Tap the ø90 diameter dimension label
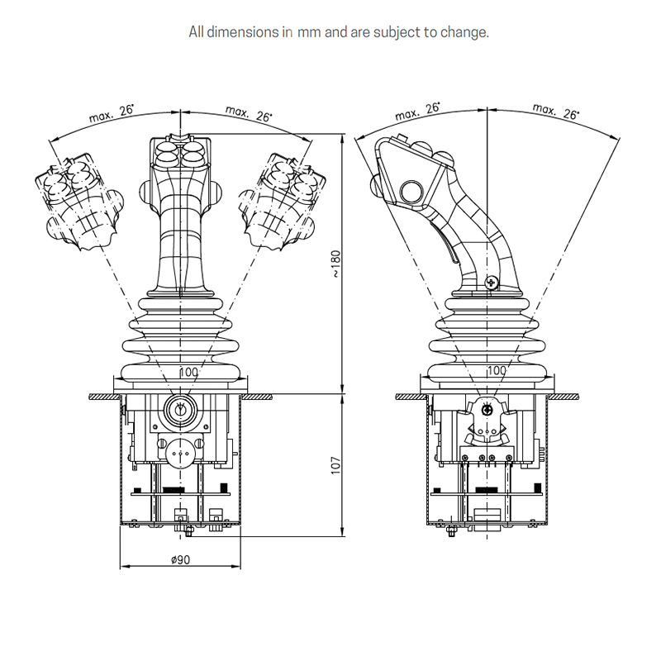(x=180, y=559)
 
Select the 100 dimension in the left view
(x=188, y=373)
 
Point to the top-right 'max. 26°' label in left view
(x=248, y=115)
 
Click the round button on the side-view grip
(x=411, y=193)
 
